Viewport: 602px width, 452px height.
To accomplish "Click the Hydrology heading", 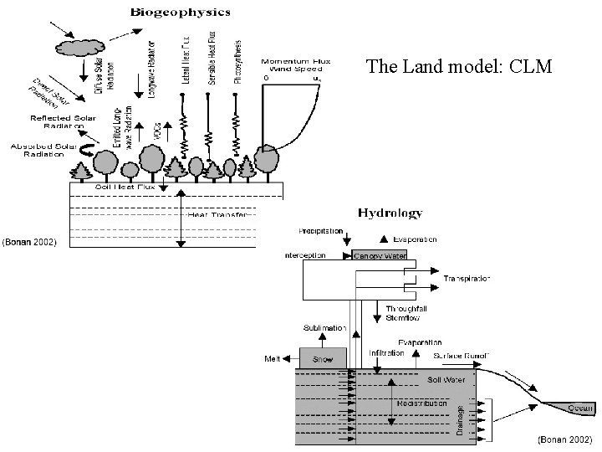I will (390, 214).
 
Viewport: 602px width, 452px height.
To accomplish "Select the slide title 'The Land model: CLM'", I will (459, 67).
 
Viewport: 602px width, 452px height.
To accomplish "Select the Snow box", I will (323, 358).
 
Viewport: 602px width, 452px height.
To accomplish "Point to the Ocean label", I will (581, 407).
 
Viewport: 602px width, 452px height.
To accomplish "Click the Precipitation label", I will (320, 231).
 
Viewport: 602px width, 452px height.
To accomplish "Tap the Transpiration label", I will (466, 278).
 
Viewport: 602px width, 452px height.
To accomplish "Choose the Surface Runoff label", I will (462, 356).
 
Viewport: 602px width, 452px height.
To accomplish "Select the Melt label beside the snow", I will (272, 358).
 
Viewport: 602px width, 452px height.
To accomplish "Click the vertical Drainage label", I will (458, 419).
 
